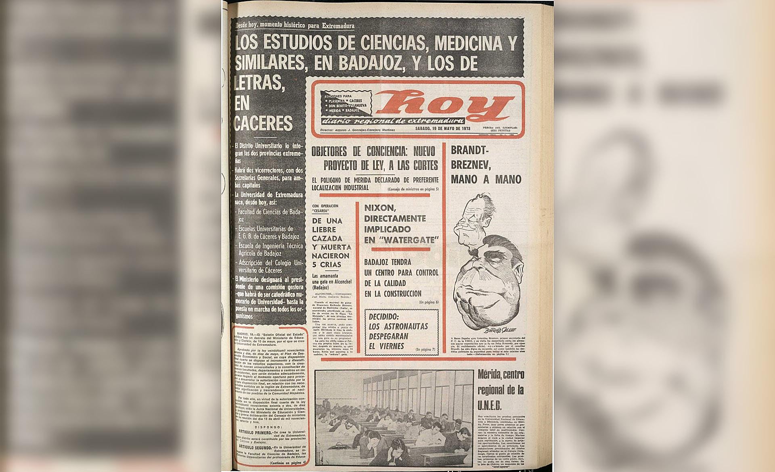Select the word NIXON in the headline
click(x=377, y=208)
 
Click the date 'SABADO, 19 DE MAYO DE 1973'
click(x=443, y=129)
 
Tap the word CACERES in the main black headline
click(x=263, y=123)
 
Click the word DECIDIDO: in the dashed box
click(x=383, y=317)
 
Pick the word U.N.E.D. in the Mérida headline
click(x=490, y=405)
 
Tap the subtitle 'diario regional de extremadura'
click(x=393, y=121)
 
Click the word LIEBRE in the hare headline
click(x=324, y=230)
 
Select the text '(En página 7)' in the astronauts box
click(x=425, y=349)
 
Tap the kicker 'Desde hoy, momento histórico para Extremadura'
click(x=295, y=26)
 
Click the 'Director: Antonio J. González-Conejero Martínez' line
click(x=357, y=130)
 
